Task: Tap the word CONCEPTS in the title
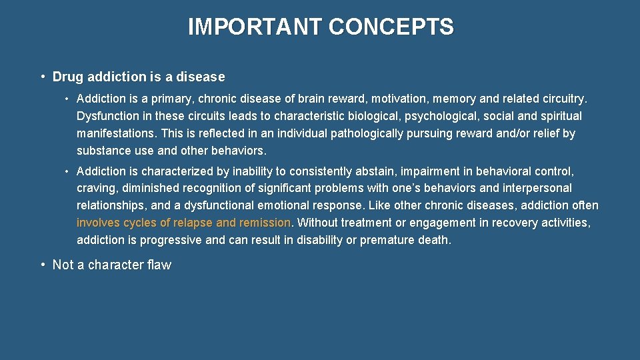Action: coord(391,27)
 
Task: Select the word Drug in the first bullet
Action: coord(67,77)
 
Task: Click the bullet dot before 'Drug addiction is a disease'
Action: coord(42,77)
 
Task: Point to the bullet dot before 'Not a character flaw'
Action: coord(42,265)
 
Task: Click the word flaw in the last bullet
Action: coord(158,265)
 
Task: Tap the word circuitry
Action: coord(564,99)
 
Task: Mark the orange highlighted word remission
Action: coord(265,223)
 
